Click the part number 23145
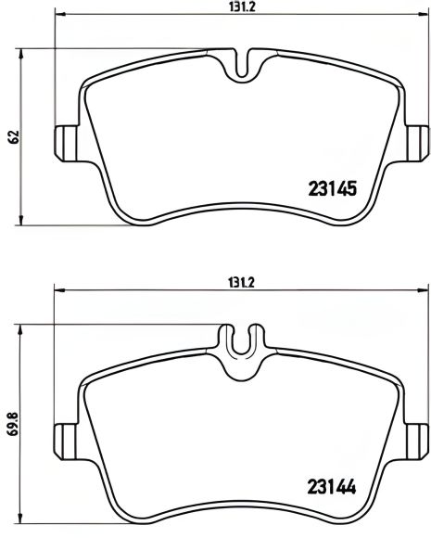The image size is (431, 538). point(331,189)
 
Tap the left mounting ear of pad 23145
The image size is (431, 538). point(66,141)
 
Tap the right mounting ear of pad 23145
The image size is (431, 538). point(418,141)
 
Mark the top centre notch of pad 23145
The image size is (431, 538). point(243,61)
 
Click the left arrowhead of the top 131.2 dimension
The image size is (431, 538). point(60,16)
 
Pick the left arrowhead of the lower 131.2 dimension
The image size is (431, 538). point(60,290)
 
